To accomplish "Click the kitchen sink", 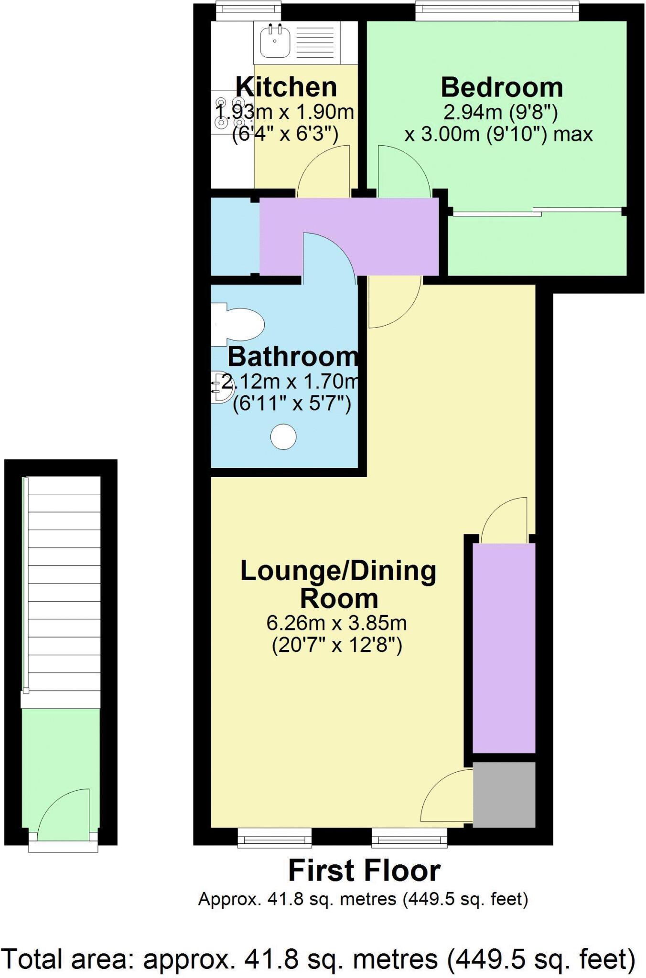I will click(275, 41).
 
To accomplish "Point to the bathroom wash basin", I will click(221, 387).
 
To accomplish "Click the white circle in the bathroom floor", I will click(283, 436).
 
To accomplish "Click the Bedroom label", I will click(501, 87).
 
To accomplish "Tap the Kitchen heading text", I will click(286, 87).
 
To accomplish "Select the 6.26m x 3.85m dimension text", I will click(336, 623).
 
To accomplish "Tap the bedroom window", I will click(496, 11).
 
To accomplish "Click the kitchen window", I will click(248, 11).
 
